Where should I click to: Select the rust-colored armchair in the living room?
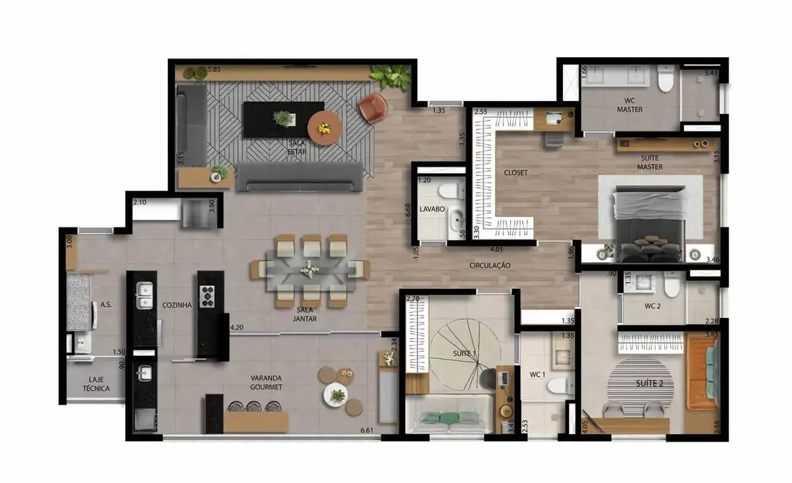(373, 108)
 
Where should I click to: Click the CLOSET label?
(515, 172)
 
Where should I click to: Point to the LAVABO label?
(431, 210)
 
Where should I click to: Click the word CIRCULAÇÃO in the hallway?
(489, 265)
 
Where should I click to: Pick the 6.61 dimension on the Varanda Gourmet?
(367, 430)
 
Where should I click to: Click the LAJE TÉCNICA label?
(97, 383)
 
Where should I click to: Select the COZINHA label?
(177, 305)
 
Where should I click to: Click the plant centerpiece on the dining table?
(309, 269)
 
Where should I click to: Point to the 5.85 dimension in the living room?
(214, 70)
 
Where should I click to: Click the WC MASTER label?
(629, 105)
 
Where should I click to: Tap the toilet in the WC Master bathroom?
(666, 79)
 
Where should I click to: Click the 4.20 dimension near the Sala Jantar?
(237, 326)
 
